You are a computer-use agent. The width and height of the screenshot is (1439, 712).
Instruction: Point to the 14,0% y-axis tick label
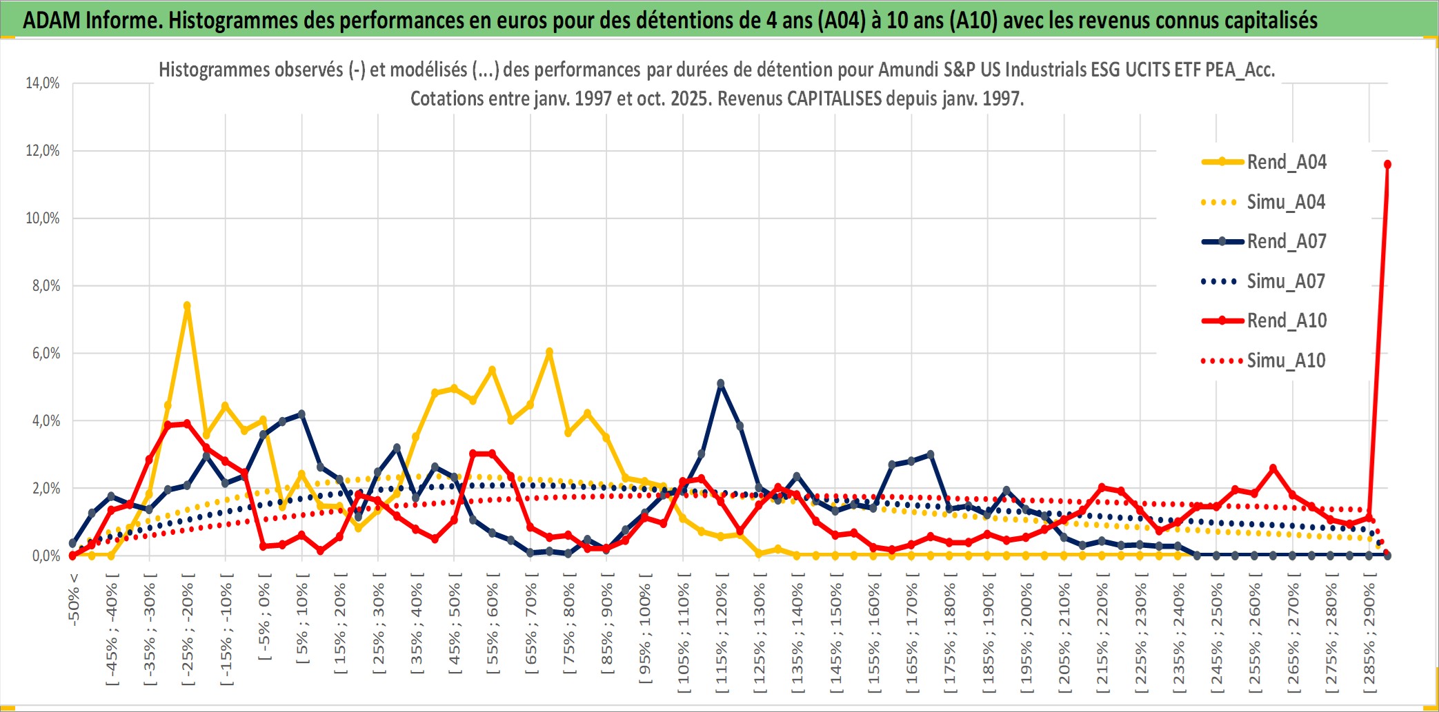(x=43, y=83)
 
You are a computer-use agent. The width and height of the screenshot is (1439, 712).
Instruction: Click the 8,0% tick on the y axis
(x=46, y=286)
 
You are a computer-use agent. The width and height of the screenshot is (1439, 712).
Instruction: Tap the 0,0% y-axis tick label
(x=46, y=556)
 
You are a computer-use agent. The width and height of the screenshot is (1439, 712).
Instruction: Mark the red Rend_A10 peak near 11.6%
(x=1387, y=165)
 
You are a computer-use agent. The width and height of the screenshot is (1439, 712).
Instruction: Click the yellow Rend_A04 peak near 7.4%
(x=187, y=305)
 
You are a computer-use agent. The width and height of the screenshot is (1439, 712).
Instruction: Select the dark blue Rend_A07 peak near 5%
(x=721, y=383)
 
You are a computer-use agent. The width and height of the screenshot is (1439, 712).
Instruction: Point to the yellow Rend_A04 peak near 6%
(x=549, y=352)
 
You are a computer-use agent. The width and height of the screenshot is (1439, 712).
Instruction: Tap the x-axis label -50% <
(x=74, y=599)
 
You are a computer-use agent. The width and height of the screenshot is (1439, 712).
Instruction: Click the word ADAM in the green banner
(x=51, y=21)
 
